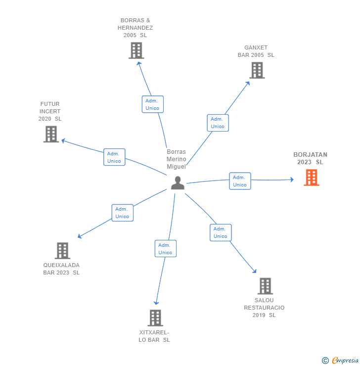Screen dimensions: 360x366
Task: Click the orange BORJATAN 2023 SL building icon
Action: pos(311,177)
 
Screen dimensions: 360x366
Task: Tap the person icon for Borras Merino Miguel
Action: pos(178,183)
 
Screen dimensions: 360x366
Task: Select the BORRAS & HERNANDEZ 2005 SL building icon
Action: pos(136,50)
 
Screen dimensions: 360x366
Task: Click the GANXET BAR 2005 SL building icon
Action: pos(256,70)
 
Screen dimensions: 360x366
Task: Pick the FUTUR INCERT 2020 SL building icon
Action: pos(51,134)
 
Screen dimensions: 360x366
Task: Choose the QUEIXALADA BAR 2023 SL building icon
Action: pos(62,251)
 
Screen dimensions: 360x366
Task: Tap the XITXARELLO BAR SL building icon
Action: pos(155,318)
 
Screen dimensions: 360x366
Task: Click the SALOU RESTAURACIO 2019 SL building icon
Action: pos(265,286)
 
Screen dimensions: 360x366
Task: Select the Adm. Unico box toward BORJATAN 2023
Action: pos(240,181)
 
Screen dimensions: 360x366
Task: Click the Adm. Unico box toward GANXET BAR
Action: pos(218,123)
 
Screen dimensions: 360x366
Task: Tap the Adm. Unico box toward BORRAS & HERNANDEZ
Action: pos(152,104)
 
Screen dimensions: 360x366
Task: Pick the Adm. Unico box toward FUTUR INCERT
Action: pos(114,157)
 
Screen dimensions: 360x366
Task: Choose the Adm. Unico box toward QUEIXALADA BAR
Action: pos(122,213)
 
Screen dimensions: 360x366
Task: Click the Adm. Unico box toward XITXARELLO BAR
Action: pos(165,249)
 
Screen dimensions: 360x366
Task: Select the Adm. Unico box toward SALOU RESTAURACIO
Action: pos(221,232)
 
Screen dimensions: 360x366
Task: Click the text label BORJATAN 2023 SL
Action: pos(310,158)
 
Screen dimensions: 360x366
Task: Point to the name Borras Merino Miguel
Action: pos(176,159)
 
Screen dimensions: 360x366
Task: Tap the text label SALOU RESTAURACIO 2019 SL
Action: pos(264,308)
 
